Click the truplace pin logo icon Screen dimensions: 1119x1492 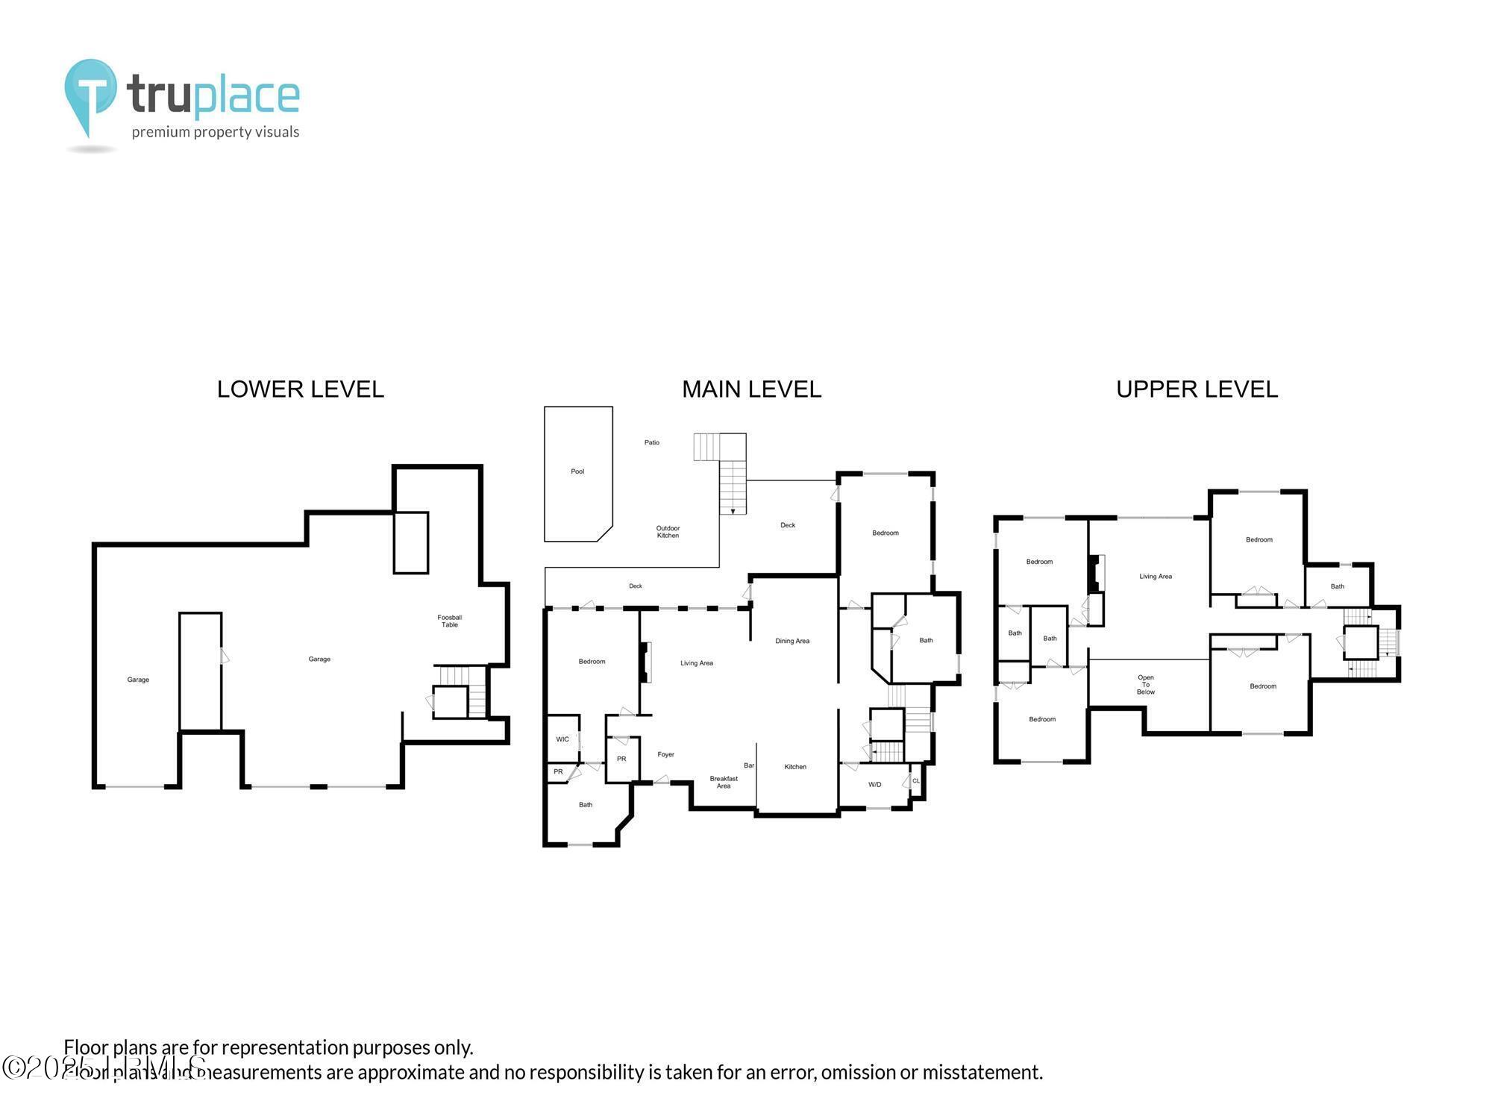pos(90,95)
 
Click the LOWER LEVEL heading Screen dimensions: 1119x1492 pos(300,389)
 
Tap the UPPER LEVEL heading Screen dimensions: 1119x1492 pos(1197,389)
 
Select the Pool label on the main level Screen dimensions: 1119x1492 pos(577,471)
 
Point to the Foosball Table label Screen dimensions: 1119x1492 pos(449,621)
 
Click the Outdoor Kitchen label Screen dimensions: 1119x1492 pos(668,532)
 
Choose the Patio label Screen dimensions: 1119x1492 pos(652,442)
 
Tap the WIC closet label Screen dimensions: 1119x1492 pos(562,739)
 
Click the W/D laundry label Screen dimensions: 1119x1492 pos(874,785)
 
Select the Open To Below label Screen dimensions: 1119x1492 pos(1146,685)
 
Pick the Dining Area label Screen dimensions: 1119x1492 pos(792,641)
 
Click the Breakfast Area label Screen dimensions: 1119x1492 pos(723,782)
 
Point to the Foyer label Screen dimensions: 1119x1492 pos(665,755)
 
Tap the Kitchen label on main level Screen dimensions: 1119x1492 pos(795,767)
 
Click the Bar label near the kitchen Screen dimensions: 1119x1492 pos(749,765)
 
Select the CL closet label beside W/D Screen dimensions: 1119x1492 pos(916,781)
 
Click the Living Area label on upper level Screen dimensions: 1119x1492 pos(1155,577)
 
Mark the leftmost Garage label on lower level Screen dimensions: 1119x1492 pos(138,680)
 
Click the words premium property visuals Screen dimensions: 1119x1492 pos(216,133)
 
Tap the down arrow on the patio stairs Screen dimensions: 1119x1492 pos(733,511)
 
